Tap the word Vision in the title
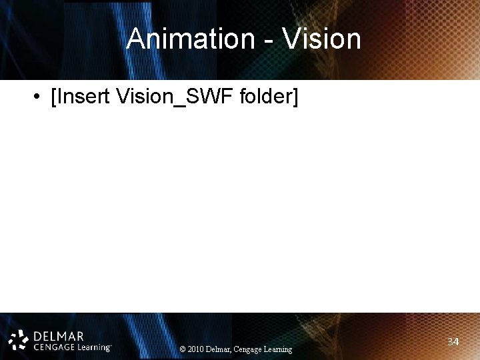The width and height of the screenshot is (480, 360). click(321, 39)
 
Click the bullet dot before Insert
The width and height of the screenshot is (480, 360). click(34, 98)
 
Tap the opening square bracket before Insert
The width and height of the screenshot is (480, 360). click(53, 98)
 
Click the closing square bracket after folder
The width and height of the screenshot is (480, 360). click(296, 98)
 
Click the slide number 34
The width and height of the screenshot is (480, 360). click(453, 342)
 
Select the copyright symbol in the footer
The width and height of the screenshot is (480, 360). click(183, 349)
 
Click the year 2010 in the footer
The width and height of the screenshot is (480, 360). click(197, 349)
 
